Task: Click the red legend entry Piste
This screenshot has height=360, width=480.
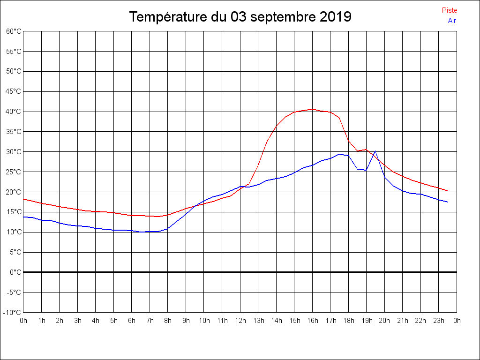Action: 450,10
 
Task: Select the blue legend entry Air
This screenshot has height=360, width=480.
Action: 452,21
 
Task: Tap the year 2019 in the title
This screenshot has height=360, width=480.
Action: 336,17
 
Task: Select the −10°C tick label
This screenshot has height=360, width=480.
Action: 13,313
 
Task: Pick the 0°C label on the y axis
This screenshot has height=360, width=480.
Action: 15,272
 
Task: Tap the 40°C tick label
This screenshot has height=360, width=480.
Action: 14,112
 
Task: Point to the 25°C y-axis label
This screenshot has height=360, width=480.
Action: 14,172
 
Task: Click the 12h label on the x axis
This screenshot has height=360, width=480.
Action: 240,321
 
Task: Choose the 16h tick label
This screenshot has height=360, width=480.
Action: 313,321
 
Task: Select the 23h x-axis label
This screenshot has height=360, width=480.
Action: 439,321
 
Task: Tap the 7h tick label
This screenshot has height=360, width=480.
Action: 150,321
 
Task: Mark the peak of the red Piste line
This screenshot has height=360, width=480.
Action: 313,109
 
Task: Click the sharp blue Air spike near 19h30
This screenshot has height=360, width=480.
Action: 375,151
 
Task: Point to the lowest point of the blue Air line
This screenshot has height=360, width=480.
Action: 141,232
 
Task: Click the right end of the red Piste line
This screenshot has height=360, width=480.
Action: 448,191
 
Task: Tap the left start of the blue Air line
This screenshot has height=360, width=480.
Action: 23,217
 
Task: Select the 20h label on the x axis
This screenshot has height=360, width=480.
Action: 385,321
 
